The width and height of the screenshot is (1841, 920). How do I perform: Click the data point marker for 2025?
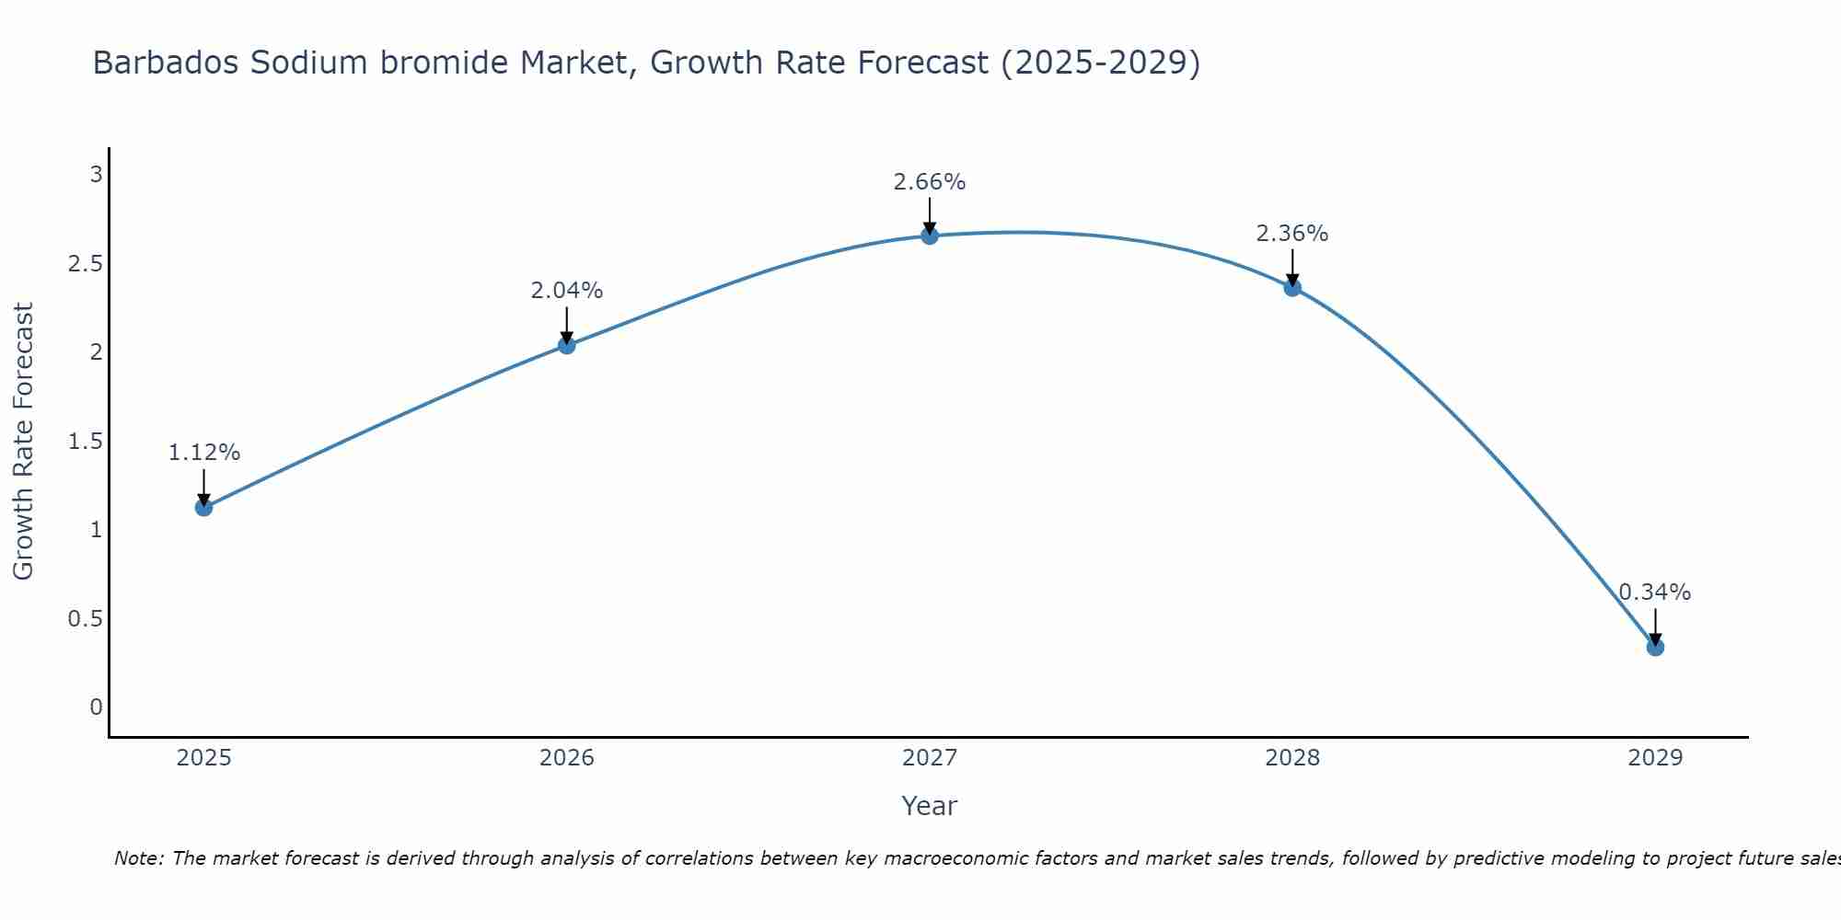point(203,507)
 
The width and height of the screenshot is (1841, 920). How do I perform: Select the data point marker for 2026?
point(566,345)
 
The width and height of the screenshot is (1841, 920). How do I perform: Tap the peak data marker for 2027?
point(929,236)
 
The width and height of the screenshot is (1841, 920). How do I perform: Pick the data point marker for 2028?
point(1291,287)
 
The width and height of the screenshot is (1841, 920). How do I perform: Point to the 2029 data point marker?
point(1654,647)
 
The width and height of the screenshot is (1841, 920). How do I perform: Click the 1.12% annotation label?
point(203,453)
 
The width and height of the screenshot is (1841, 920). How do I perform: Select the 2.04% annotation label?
point(566,291)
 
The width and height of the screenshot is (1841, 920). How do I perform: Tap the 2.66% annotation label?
point(929,182)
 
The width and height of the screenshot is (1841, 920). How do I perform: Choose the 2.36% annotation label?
point(1291,234)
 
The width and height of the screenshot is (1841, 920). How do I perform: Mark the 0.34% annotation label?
point(1654,592)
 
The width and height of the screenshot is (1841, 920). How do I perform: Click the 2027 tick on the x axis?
point(929,758)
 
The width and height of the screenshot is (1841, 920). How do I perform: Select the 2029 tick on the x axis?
point(1654,758)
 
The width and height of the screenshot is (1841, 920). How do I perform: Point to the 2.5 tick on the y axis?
point(85,264)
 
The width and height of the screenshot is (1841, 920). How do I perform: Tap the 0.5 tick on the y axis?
point(85,618)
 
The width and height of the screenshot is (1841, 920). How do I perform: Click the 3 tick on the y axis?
point(96,175)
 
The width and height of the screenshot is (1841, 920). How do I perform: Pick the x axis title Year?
point(929,806)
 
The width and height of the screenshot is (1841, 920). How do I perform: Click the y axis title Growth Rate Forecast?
point(23,442)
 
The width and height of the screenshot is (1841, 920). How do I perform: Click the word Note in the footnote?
point(138,858)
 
